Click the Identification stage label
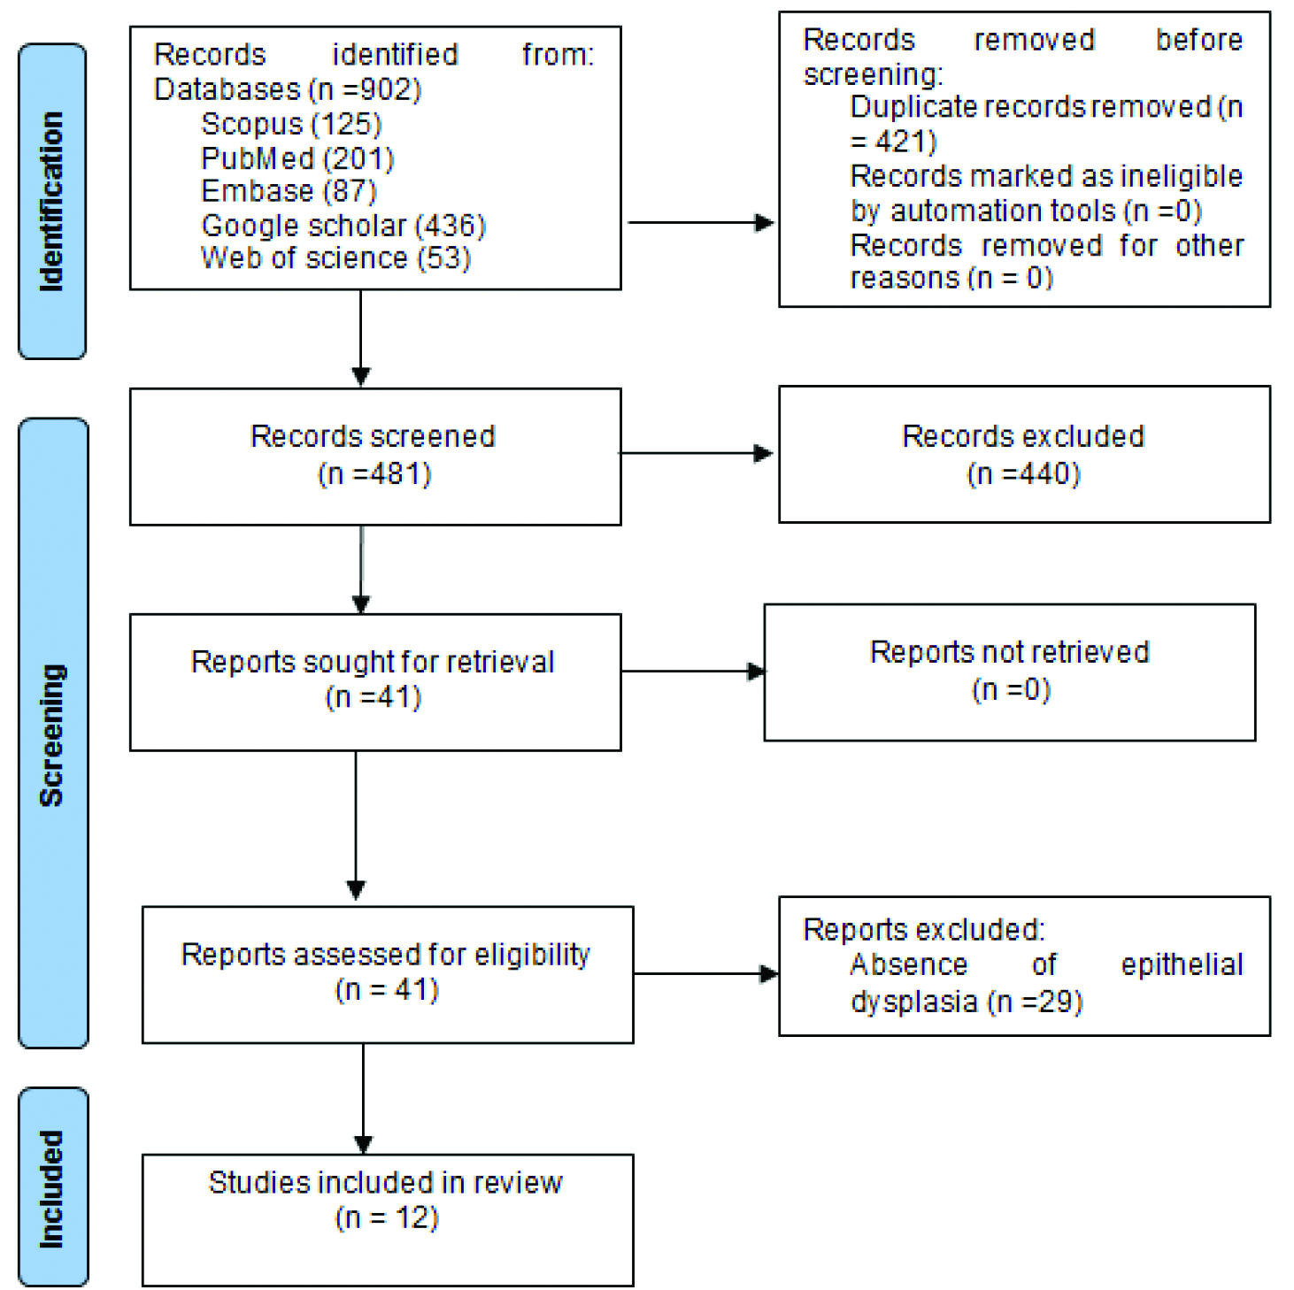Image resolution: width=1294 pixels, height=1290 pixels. click(x=51, y=202)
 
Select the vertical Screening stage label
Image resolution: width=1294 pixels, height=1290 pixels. click(x=51, y=735)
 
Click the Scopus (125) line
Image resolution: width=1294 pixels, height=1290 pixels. click(x=291, y=124)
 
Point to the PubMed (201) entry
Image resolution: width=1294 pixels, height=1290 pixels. click(x=297, y=158)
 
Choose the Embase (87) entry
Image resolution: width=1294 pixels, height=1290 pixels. click(x=289, y=191)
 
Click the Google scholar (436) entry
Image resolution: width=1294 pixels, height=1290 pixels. click(x=343, y=226)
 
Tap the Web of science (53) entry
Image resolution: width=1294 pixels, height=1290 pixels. click(x=335, y=258)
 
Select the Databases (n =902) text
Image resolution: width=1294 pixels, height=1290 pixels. click(x=288, y=89)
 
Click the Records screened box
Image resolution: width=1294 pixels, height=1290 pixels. click(x=375, y=457)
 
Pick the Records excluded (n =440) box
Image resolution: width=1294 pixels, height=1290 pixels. click(x=1025, y=455)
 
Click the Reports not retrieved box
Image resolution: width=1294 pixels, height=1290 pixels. click(x=1010, y=672)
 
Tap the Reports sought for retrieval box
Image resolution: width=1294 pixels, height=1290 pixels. click(x=375, y=682)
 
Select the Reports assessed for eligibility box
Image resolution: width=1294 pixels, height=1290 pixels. click(x=388, y=975)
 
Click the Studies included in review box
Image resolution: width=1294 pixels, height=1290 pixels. click(x=388, y=1220)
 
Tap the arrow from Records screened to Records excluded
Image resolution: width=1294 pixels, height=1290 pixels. click(x=697, y=453)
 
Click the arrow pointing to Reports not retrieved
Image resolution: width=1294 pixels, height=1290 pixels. click(x=694, y=671)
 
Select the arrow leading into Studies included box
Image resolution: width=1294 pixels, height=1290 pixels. click(x=363, y=1099)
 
